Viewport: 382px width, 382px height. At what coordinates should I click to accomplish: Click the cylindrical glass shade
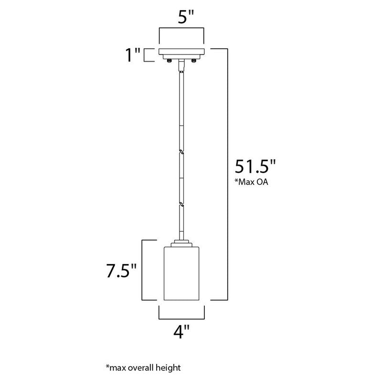point(181,274)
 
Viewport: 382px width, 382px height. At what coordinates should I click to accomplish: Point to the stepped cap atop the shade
point(181,243)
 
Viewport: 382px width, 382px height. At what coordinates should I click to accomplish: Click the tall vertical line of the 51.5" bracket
point(226,174)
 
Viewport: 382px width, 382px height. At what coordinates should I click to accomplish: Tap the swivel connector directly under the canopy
point(181,66)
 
